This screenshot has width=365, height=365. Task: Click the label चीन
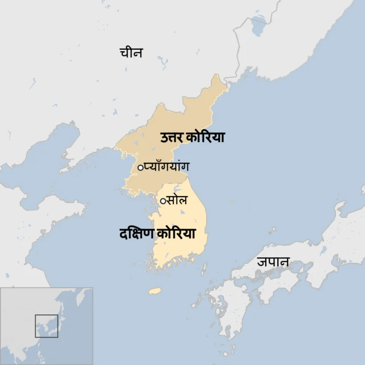coord(131,53)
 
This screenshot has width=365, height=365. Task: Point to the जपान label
coord(273,262)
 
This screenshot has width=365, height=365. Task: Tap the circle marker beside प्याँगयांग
coord(140,167)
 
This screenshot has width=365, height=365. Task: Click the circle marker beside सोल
coord(163,201)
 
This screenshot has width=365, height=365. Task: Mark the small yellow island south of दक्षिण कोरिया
coord(155,291)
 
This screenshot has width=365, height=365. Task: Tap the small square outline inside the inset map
coord(46,326)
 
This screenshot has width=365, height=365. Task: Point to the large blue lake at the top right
coord(259,25)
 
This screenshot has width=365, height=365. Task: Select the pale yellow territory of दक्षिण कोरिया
coord(182,251)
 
